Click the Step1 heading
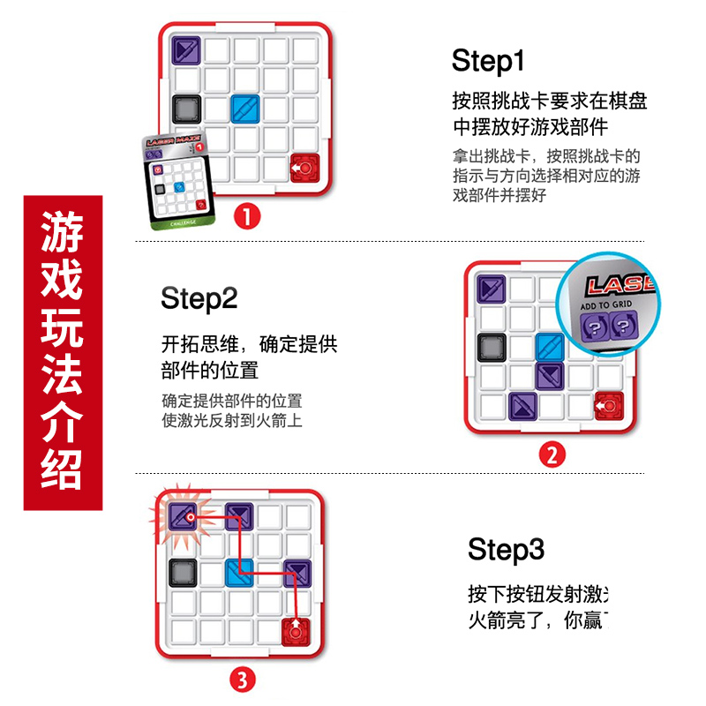coord(488,61)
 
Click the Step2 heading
coord(199,298)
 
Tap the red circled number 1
coord(246,214)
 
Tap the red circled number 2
coord(552,455)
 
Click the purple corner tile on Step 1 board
coord(186,49)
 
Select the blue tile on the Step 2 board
coord(549,347)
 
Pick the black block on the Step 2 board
coord(490,347)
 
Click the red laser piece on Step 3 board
coord(297,632)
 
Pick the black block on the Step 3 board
coord(181,573)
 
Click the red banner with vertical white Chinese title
coord(63,353)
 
